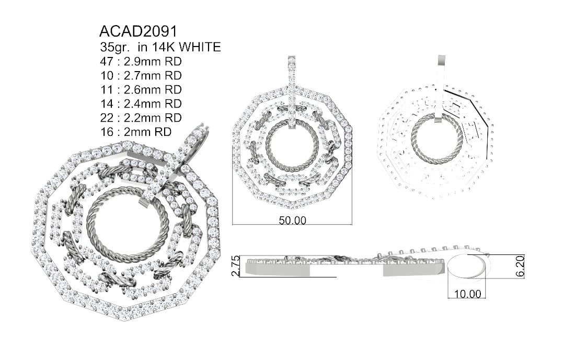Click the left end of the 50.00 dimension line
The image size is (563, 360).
233,225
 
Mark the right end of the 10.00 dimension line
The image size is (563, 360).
486,298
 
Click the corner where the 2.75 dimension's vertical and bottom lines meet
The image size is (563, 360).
239,277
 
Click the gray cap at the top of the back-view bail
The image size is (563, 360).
441,65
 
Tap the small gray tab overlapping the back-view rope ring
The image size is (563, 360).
439,119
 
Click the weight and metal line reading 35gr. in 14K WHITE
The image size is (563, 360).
160,47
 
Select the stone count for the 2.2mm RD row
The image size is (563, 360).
107,118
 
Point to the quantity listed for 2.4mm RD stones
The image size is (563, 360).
107,104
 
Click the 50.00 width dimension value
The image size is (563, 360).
293,220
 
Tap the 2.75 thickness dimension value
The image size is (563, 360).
236,265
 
